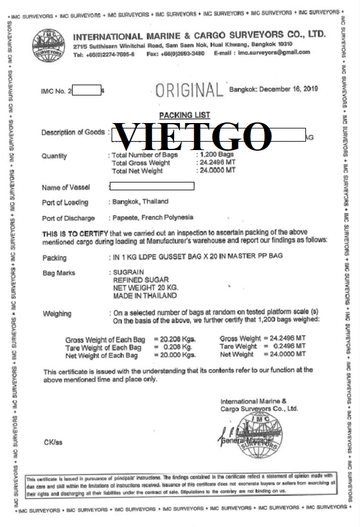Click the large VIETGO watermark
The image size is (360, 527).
coord(193,136)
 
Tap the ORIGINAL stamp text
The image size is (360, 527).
coord(188,91)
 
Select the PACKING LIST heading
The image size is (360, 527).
coord(185,115)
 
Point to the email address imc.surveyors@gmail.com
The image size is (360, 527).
coord(274,52)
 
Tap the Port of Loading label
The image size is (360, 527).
coord(65,202)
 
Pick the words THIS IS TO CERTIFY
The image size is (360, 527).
coord(74,233)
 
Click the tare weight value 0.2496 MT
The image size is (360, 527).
coord(284,347)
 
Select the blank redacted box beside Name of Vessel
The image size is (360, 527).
coord(152,187)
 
